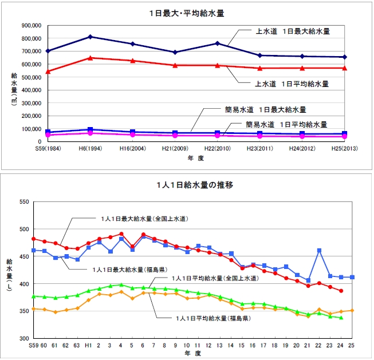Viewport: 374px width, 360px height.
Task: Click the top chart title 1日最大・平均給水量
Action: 187,12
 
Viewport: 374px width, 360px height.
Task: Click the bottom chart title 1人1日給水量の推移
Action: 186,185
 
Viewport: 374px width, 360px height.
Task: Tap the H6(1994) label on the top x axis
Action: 90,148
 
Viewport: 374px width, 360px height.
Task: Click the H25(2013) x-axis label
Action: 344,148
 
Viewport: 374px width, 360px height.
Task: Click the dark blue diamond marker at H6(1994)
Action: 90,37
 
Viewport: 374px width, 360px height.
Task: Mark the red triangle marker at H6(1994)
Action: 90,58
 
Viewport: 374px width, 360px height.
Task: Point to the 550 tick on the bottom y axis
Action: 23,202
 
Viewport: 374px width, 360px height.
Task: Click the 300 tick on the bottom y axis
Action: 23,339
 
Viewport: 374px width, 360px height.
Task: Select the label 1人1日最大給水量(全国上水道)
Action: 142,219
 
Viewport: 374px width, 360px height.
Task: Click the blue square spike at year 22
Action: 319,251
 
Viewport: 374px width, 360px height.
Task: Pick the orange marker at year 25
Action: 351,310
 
